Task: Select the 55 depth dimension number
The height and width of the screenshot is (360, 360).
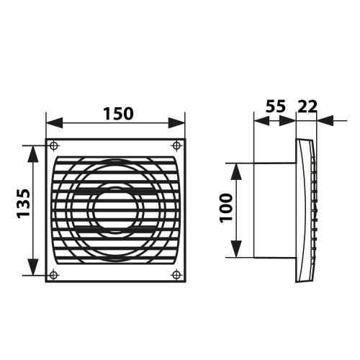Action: click(274, 106)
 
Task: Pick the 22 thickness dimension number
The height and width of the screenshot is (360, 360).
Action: click(307, 106)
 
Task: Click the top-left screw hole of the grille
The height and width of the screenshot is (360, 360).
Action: click(55, 144)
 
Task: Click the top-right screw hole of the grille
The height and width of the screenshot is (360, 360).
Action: click(176, 144)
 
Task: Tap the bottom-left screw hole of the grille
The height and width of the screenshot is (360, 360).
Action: click(55, 274)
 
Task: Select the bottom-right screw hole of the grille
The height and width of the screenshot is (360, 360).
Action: click(176, 274)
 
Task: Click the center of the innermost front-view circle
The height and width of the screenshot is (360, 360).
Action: click(115, 210)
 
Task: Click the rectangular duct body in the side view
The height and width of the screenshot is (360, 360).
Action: click(274, 210)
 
